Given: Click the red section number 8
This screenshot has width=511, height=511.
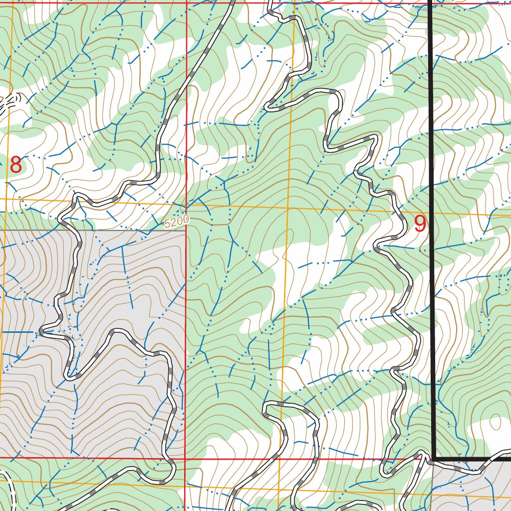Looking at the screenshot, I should pos(16,165).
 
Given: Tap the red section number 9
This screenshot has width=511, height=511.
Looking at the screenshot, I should pos(420,224).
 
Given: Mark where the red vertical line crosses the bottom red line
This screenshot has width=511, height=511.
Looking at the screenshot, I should pos(185,457).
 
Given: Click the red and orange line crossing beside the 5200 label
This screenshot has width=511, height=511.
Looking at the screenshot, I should pos(186,205).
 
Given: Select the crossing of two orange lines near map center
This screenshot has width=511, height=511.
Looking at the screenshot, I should pos(288,208).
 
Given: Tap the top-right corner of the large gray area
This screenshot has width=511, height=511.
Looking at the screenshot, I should pos(185,231).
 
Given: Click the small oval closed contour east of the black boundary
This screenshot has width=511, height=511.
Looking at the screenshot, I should pos(496,422).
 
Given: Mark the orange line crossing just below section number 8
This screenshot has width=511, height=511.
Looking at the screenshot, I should pos(6,199).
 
